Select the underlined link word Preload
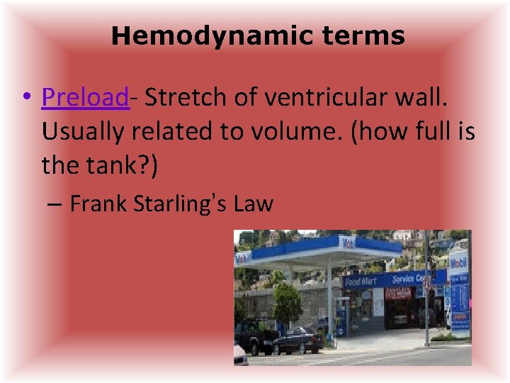point(85,97)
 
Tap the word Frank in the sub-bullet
point(98,204)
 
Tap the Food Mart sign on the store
point(360,282)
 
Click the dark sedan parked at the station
point(298,340)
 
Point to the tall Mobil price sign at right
point(459,291)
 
